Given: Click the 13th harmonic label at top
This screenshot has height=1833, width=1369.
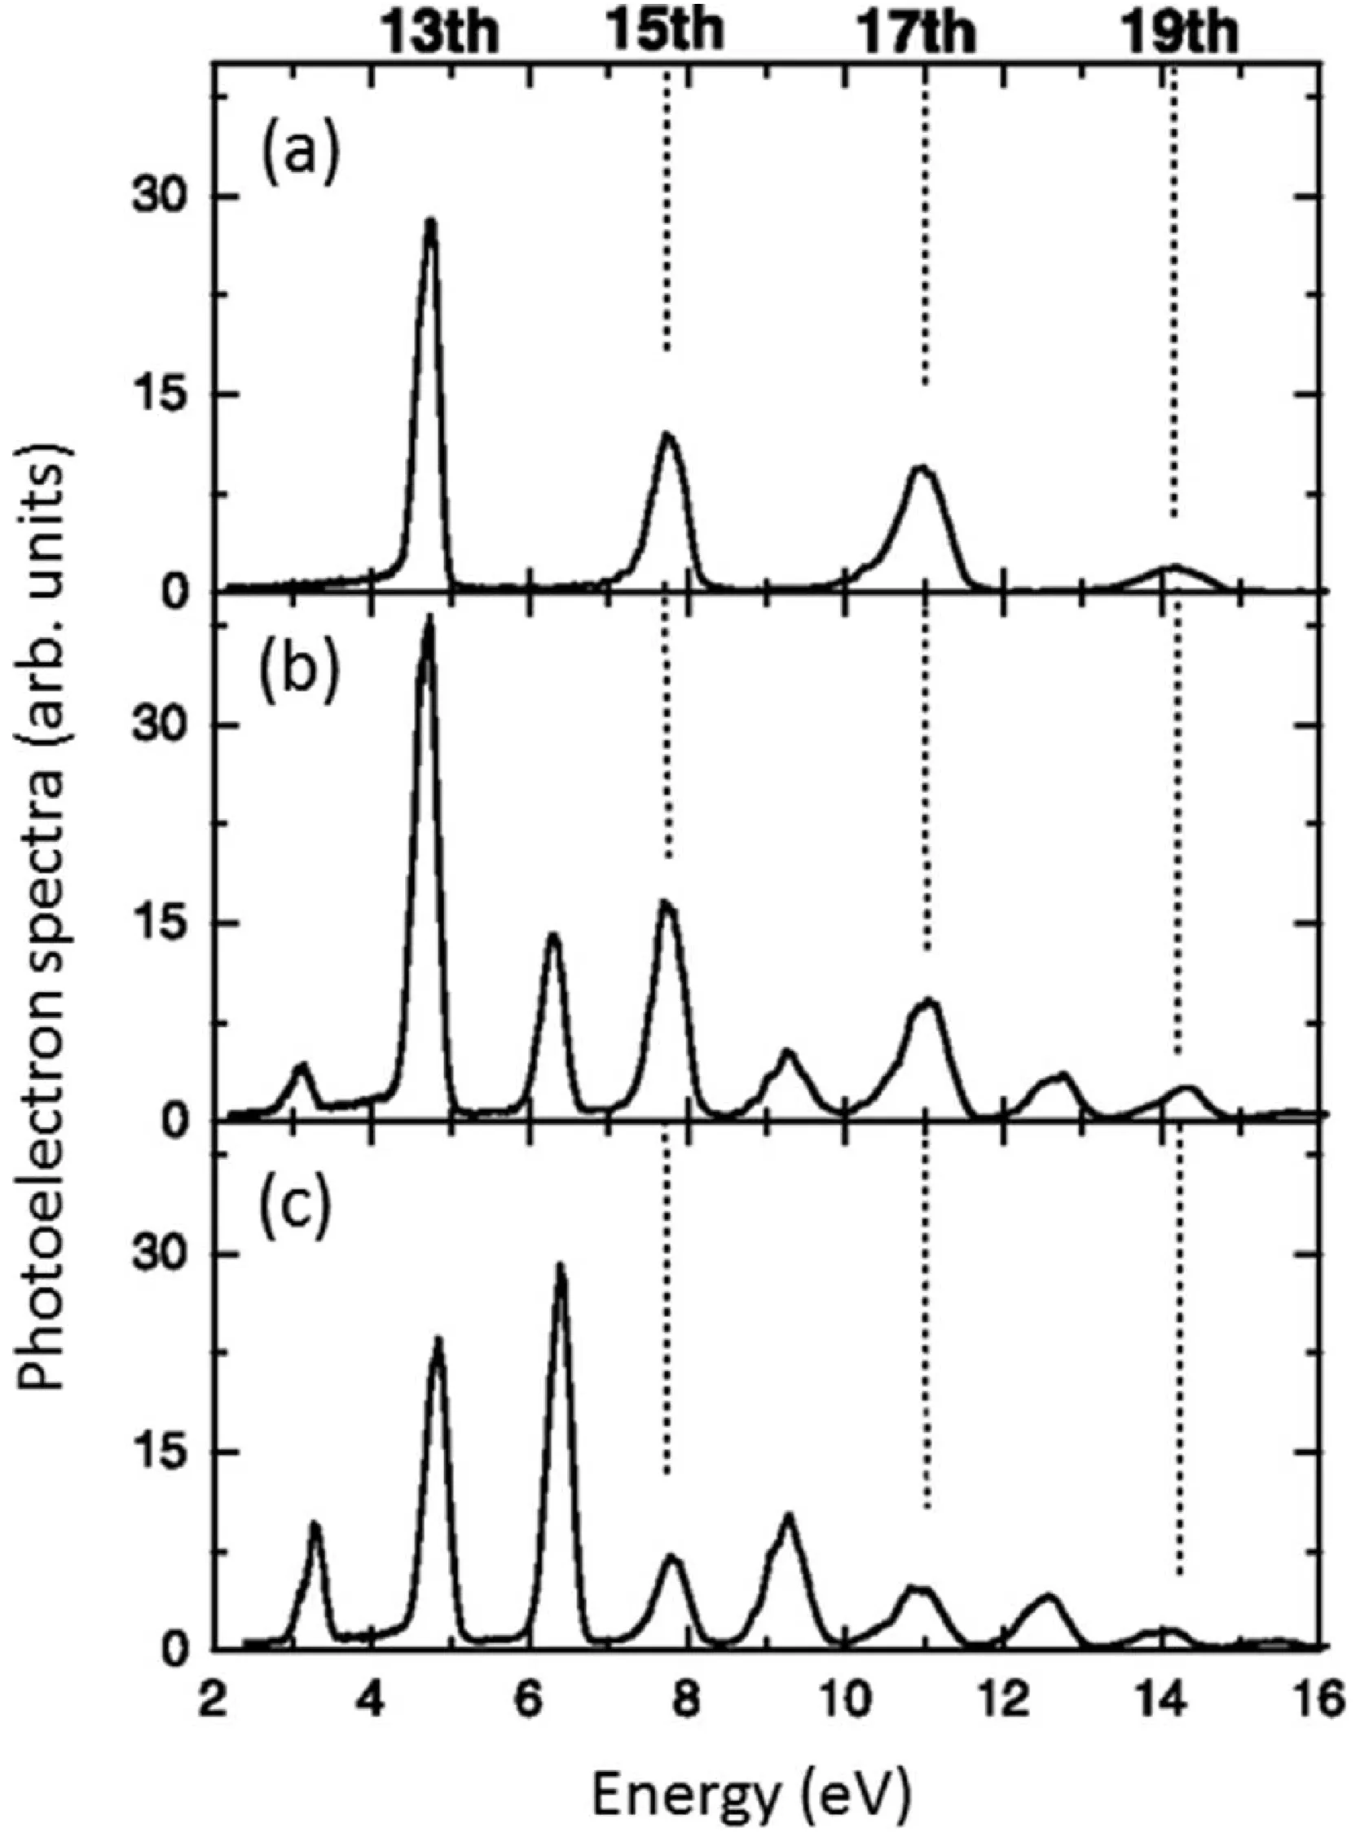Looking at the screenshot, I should (440, 35).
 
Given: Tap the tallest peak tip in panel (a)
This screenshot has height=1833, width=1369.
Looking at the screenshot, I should (430, 220).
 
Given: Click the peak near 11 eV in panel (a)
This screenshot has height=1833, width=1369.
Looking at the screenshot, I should (922, 468).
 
